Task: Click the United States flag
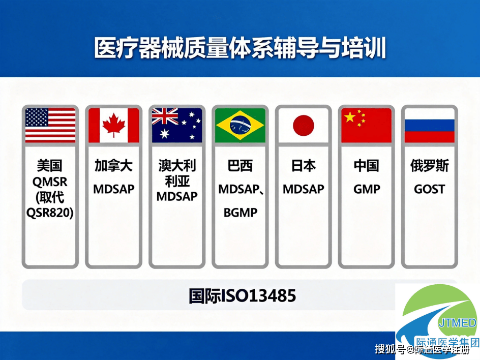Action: (50, 125)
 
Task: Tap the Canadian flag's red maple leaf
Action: (113, 125)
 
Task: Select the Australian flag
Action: (177, 125)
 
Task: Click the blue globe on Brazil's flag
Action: (241, 125)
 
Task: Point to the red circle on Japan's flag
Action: (304, 126)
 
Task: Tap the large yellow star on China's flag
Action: (350, 117)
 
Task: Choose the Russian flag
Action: (430, 125)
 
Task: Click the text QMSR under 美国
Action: (50, 182)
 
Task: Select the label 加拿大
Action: (113, 166)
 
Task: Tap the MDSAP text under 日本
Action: (304, 189)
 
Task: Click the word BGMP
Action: (241, 213)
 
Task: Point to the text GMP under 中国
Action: (367, 189)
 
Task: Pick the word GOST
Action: (430, 189)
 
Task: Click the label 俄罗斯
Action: (430, 166)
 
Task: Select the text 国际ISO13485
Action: (242, 296)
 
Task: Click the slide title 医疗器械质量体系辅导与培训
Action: (240, 48)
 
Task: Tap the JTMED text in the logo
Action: (458, 323)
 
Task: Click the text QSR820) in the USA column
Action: (50, 213)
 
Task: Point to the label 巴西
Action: (241, 166)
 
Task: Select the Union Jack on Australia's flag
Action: (165, 116)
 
